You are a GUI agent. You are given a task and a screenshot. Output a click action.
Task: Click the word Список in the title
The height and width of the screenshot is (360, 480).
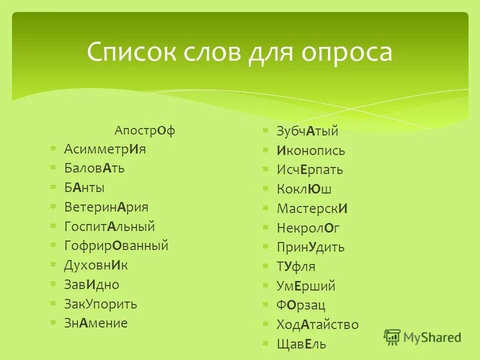point(129,52)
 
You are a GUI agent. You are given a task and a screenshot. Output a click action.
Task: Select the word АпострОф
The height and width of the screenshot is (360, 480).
point(145,130)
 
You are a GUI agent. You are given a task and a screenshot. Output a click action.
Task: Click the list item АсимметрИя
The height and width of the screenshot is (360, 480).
point(105,149)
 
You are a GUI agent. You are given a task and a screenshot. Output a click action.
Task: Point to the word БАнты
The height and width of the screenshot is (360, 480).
point(84,187)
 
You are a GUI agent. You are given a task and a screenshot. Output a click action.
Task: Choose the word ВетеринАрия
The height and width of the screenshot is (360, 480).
point(106,207)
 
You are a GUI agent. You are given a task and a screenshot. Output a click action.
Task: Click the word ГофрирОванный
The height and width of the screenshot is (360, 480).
point(116,245)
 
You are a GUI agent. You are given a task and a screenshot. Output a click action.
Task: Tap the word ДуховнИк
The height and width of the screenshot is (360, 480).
point(96,265)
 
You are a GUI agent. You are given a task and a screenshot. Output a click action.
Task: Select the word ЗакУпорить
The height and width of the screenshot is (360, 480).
point(100,304)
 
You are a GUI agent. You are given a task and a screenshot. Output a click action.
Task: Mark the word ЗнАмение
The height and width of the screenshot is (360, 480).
point(96,323)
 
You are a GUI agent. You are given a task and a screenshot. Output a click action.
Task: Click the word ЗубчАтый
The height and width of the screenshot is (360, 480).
point(307,131)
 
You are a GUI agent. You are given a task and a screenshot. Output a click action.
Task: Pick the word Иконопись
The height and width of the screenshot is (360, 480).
point(310,150)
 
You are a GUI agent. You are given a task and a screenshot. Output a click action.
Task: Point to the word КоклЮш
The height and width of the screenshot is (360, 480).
point(304,189)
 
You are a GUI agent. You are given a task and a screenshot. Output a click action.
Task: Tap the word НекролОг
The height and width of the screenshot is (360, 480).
point(308,228)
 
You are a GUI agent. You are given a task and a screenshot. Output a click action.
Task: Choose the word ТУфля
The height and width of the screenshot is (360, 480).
point(296,266)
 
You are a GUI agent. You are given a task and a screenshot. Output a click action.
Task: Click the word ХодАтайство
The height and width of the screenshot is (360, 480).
point(317,324)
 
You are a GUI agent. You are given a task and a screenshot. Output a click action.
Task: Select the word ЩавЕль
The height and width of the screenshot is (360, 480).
point(301,343)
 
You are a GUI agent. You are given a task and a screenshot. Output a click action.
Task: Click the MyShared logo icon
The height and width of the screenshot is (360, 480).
point(392,337)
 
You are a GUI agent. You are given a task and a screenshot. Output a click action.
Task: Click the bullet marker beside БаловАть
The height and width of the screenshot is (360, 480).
point(53,168)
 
